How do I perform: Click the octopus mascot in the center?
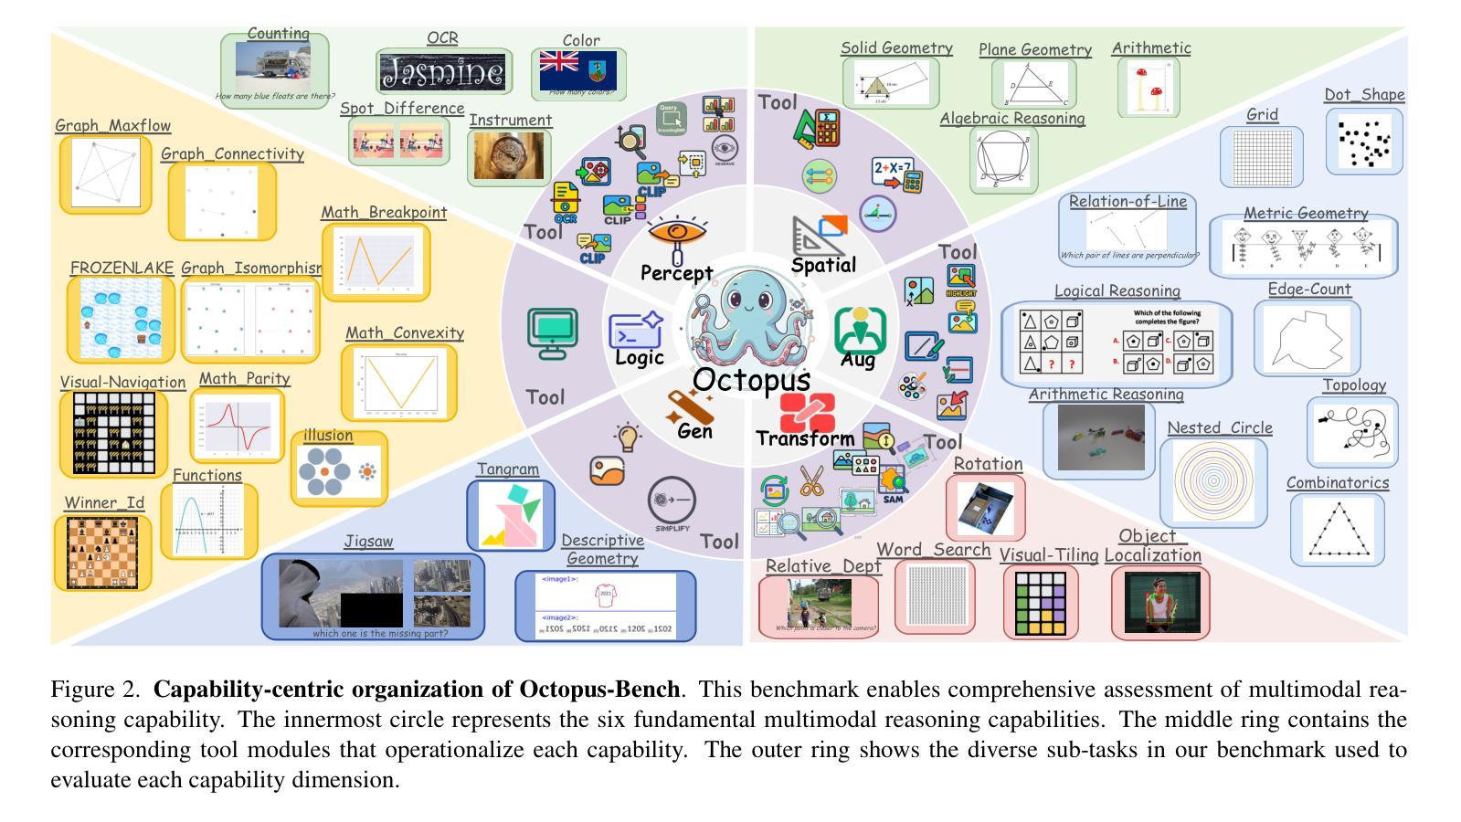click(x=751, y=316)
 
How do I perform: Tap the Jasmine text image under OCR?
click(x=443, y=72)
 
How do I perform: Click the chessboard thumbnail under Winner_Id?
click(x=102, y=553)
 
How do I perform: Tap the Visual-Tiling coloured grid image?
click(x=1040, y=603)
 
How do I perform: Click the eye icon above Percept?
click(x=676, y=234)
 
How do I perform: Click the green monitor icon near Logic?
click(x=552, y=332)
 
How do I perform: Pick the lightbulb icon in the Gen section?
click(x=628, y=437)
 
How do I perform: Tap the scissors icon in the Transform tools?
click(x=810, y=479)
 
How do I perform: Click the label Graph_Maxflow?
click(x=112, y=126)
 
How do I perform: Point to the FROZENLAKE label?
click(x=122, y=269)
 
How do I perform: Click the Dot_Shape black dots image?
click(x=1363, y=141)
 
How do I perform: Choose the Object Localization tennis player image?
click(x=1160, y=602)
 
